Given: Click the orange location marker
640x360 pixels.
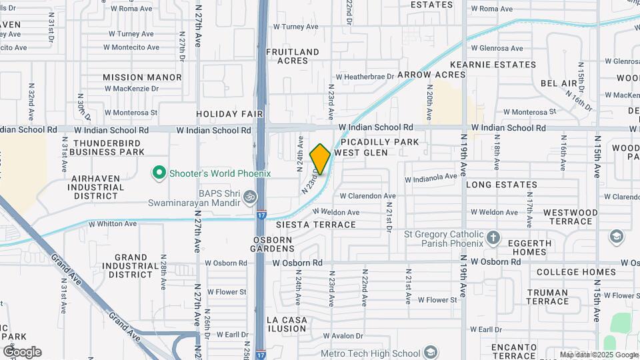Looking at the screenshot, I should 320,159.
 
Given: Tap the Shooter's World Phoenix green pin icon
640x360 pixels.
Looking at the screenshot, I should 159,173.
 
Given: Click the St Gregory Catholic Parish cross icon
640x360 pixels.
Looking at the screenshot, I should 493,237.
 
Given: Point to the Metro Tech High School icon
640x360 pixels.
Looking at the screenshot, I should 431,353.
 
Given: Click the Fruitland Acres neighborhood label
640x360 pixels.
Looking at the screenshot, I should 293,56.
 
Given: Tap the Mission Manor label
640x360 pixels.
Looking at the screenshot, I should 142,77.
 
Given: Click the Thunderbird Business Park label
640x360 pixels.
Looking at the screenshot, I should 109,147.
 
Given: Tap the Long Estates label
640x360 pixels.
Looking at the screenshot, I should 501,185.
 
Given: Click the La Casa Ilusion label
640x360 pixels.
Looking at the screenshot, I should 287,325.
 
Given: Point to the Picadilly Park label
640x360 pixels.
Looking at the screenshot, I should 380,142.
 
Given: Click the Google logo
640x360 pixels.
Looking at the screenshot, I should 22,351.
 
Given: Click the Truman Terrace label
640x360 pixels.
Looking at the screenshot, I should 547,297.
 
